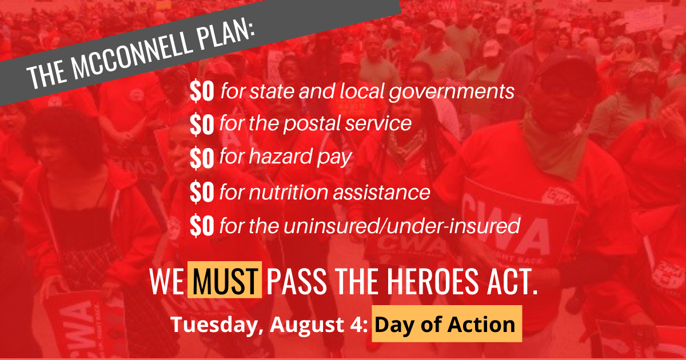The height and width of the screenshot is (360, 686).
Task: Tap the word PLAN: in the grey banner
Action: [x=226, y=34]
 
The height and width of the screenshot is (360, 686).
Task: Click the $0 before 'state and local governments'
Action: [x=202, y=91]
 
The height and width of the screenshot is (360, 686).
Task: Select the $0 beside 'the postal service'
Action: [x=202, y=124]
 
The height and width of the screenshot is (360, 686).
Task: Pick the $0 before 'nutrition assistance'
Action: [x=202, y=191]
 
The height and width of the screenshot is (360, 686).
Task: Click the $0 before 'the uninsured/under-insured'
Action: [x=202, y=225]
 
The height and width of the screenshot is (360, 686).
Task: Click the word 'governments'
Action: [x=452, y=93]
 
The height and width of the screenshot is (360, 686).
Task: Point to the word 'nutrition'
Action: [x=289, y=192]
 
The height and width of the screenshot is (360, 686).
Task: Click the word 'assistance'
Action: [x=382, y=192]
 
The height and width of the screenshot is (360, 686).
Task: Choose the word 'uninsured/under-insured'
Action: [x=402, y=226]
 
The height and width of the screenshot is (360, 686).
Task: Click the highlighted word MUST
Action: [x=225, y=280]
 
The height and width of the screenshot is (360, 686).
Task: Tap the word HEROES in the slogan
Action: [x=432, y=281]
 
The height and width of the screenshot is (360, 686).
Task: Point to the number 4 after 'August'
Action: [x=357, y=324]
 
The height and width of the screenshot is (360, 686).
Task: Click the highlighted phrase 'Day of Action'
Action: [x=446, y=324]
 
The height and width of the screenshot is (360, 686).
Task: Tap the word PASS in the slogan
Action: [x=297, y=281]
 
